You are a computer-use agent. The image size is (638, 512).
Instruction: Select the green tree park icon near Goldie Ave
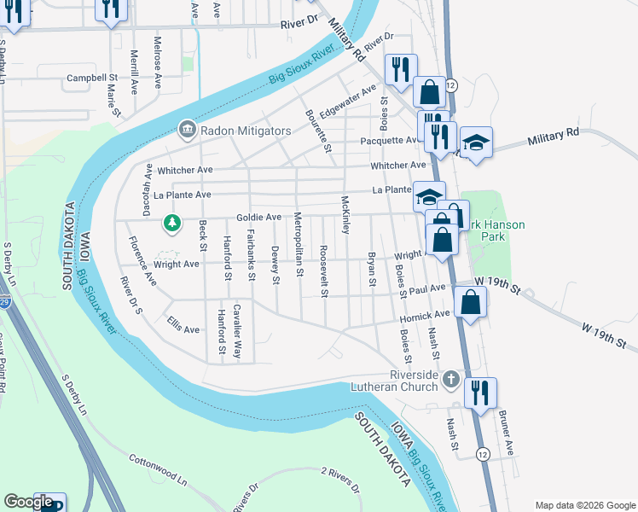point(172,224)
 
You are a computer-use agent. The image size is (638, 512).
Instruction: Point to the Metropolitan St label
point(300,244)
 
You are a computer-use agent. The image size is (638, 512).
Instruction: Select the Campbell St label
point(91,78)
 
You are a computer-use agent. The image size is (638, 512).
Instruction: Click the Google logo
point(28,502)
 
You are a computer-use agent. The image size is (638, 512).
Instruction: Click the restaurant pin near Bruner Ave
point(480,393)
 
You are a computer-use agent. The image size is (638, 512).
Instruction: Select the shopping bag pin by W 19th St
point(470,301)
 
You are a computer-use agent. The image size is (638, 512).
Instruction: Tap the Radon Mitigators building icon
point(185,131)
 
